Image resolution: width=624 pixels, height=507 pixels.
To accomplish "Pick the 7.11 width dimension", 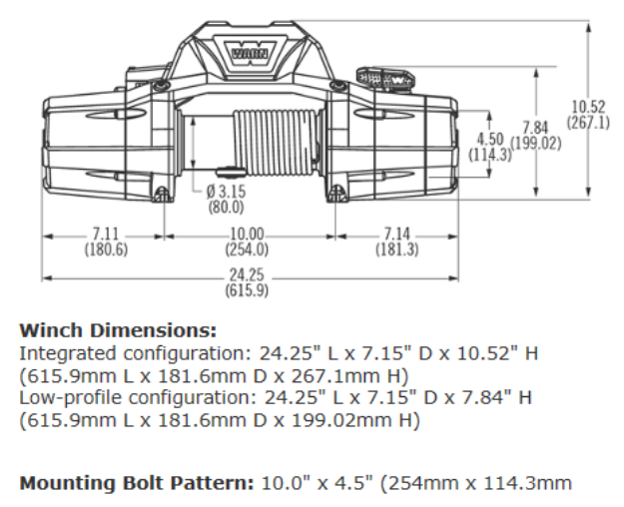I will click(x=103, y=236).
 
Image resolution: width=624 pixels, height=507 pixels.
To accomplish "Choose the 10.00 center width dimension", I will click(x=247, y=236).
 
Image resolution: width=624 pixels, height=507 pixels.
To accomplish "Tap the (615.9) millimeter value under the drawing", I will click(x=247, y=290).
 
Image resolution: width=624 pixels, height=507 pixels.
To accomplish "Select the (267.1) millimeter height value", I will click(x=588, y=123).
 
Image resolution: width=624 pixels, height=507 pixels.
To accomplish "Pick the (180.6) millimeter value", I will click(x=103, y=250).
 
